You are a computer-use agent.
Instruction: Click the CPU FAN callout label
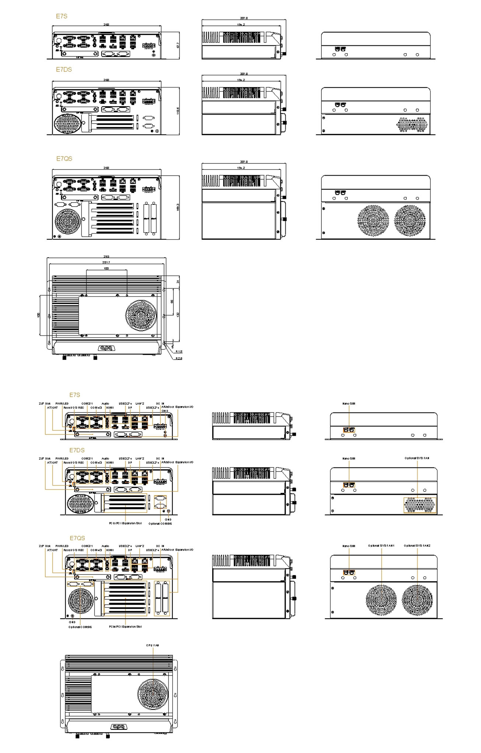tap(152, 645)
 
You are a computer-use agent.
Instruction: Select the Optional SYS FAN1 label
tap(381, 546)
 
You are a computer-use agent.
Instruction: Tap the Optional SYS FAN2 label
tap(417, 546)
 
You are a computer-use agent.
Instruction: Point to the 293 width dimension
tap(106, 256)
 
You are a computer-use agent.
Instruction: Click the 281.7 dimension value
tap(106, 262)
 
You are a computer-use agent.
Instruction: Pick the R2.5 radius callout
tap(179, 358)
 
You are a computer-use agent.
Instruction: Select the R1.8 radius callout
tap(179, 352)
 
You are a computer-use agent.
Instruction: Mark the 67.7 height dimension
tap(178, 45)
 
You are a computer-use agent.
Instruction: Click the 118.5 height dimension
tap(178, 111)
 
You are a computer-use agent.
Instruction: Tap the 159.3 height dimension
tap(178, 207)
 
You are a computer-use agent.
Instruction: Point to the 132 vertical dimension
tap(178, 314)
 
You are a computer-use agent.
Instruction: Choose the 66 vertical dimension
tap(172, 302)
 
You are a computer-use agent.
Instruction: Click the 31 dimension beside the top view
tap(178, 281)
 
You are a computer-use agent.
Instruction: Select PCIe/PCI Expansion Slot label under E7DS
tap(125, 523)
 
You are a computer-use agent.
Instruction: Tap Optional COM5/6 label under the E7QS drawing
tap(80, 627)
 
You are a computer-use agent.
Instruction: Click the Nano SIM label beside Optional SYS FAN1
tap(349, 546)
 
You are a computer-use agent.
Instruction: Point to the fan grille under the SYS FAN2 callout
tap(417, 600)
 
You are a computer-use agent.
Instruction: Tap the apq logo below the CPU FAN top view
tap(117, 727)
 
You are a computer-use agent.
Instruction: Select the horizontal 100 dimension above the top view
tap(106, 268)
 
